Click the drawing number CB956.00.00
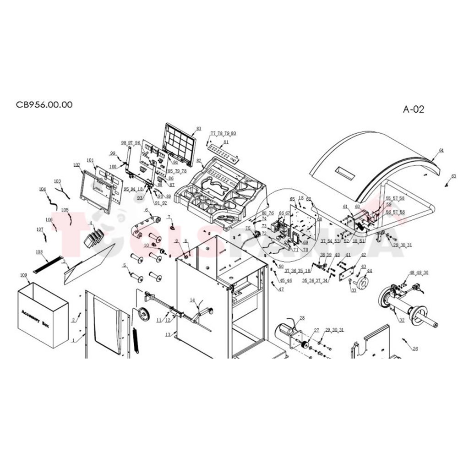pyautogui.click(x=44, y=104)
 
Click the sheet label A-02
pyautogui.click(x=414, y=109)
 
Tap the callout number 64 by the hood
pyautogui.click(x=441, y=150)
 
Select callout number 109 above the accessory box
pyautogui.click(x=23, y=275)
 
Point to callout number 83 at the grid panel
pyautogui.click(x=199, y=128)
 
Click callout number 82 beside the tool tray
pyautogui.click(x=199, y=161)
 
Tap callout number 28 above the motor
pyautogui.click(x=302, y=318)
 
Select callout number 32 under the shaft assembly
pyautogui.click(x=402, y=320)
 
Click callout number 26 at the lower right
pyautogui.click(x=415, y=349)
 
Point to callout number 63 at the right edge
pyautogui.click(x=453, y=176)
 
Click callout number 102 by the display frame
pyautogui.click(x=76, y=165)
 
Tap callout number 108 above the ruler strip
pyautogui.click(x=39, y=252)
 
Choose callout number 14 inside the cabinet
pyautogui.click(x=193, y=300)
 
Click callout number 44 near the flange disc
pyautogui.click(x=369, y=271)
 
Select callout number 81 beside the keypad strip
pyautogui.click(x=226, y=142)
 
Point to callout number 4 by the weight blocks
pyautogui.click(x=91, y=224)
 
